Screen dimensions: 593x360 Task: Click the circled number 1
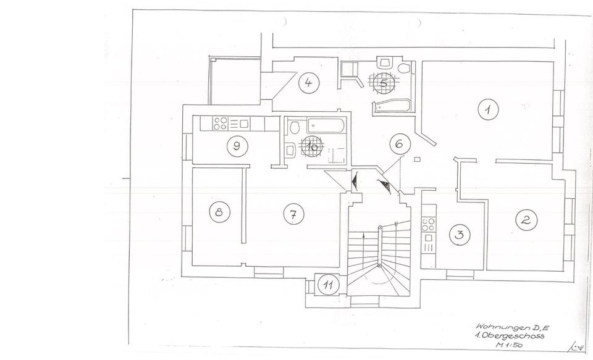click(x=488, y=110)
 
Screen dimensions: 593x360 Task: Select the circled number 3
click(x=459, y=235)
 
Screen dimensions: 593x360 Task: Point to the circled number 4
click(x=308, y=83)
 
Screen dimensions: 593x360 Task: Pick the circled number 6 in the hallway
click(x=400, y=144)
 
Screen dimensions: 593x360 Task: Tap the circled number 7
click(x=293, y=214)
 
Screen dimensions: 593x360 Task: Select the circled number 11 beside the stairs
click(x=329, y=285)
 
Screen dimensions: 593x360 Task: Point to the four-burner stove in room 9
click(x=221, y=123)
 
